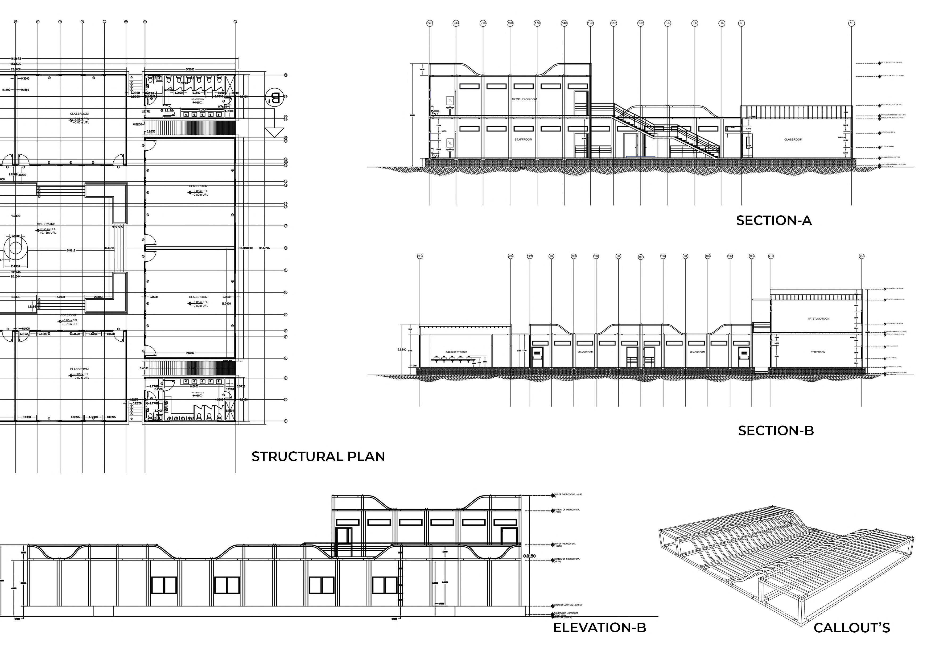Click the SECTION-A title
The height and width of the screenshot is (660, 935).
pos(774,221)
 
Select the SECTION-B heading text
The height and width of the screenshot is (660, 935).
pos(776,431)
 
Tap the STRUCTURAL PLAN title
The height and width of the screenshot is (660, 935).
pos(318,456)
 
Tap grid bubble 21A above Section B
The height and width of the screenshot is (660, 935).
pos(862,256)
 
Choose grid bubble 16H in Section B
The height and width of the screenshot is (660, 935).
pos(641,257)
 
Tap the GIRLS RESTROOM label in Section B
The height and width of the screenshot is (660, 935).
pos(456,352)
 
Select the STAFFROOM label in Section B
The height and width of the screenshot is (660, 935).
pos(818,352)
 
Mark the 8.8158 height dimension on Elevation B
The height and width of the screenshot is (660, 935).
pos(529,556)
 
